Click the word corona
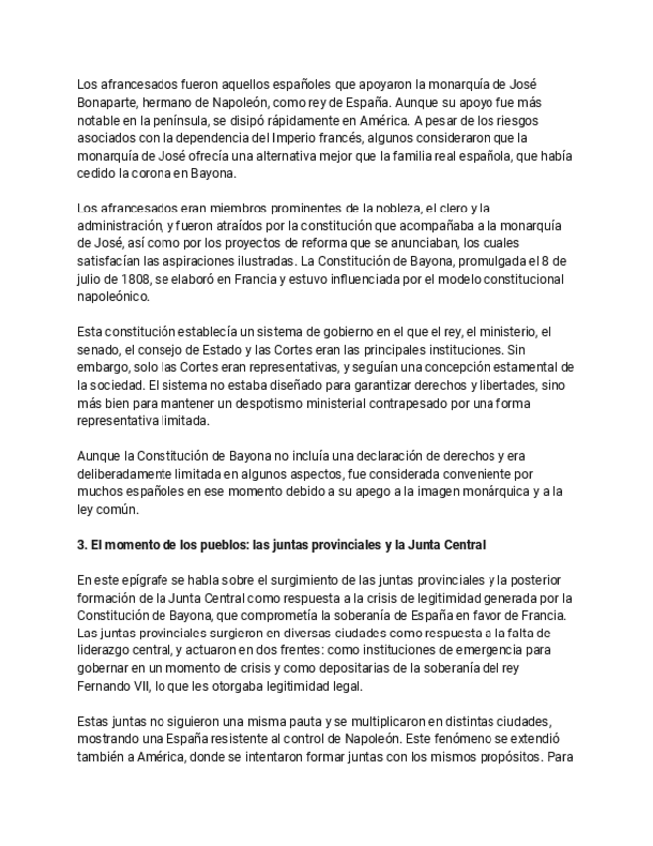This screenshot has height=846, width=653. coord(143,172)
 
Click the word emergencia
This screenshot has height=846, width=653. coord(367,649)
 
